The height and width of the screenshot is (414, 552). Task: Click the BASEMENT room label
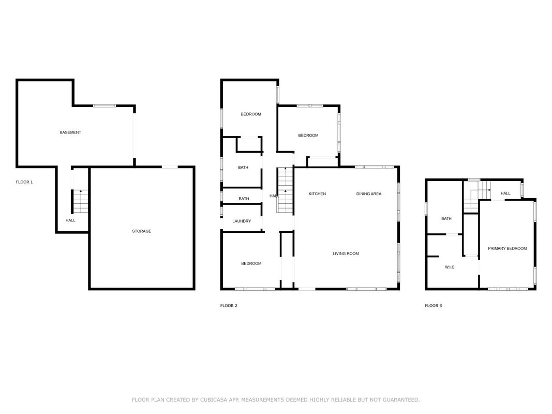[x=70, y=132]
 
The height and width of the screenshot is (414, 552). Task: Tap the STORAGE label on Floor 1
[x=142, y=231]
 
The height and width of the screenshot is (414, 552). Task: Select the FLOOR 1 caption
[x=24, y=182]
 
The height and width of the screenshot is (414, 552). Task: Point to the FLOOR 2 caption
[x=229, y=305]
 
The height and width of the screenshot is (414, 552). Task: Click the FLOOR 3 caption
[x=434, y=305]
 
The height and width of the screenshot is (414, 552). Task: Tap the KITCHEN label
[x=317, y=194]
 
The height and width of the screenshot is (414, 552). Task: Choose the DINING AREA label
[x=368, y=194]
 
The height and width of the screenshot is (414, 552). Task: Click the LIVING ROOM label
[x=346, y=254]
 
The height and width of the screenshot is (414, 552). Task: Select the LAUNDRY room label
[x=242, y=221]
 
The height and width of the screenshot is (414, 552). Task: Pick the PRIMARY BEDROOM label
[x=508, y=248]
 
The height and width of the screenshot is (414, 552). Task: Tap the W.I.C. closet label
[x=450, y=267]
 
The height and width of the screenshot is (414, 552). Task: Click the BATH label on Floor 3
[x=446, y=218]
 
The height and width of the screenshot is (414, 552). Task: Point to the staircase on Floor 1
[x=81, y=201]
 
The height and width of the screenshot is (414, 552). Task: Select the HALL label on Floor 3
[x=505, y=193]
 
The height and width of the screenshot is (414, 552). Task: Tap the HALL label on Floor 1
[x=70, y=220]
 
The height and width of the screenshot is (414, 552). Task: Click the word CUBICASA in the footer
[x=213, y=400]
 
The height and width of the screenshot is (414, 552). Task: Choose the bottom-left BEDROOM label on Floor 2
[x=251, y=263]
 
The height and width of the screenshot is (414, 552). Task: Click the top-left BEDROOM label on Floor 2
[x=251, y=114]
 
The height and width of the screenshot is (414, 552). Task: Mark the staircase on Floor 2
[x=285, y=190]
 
